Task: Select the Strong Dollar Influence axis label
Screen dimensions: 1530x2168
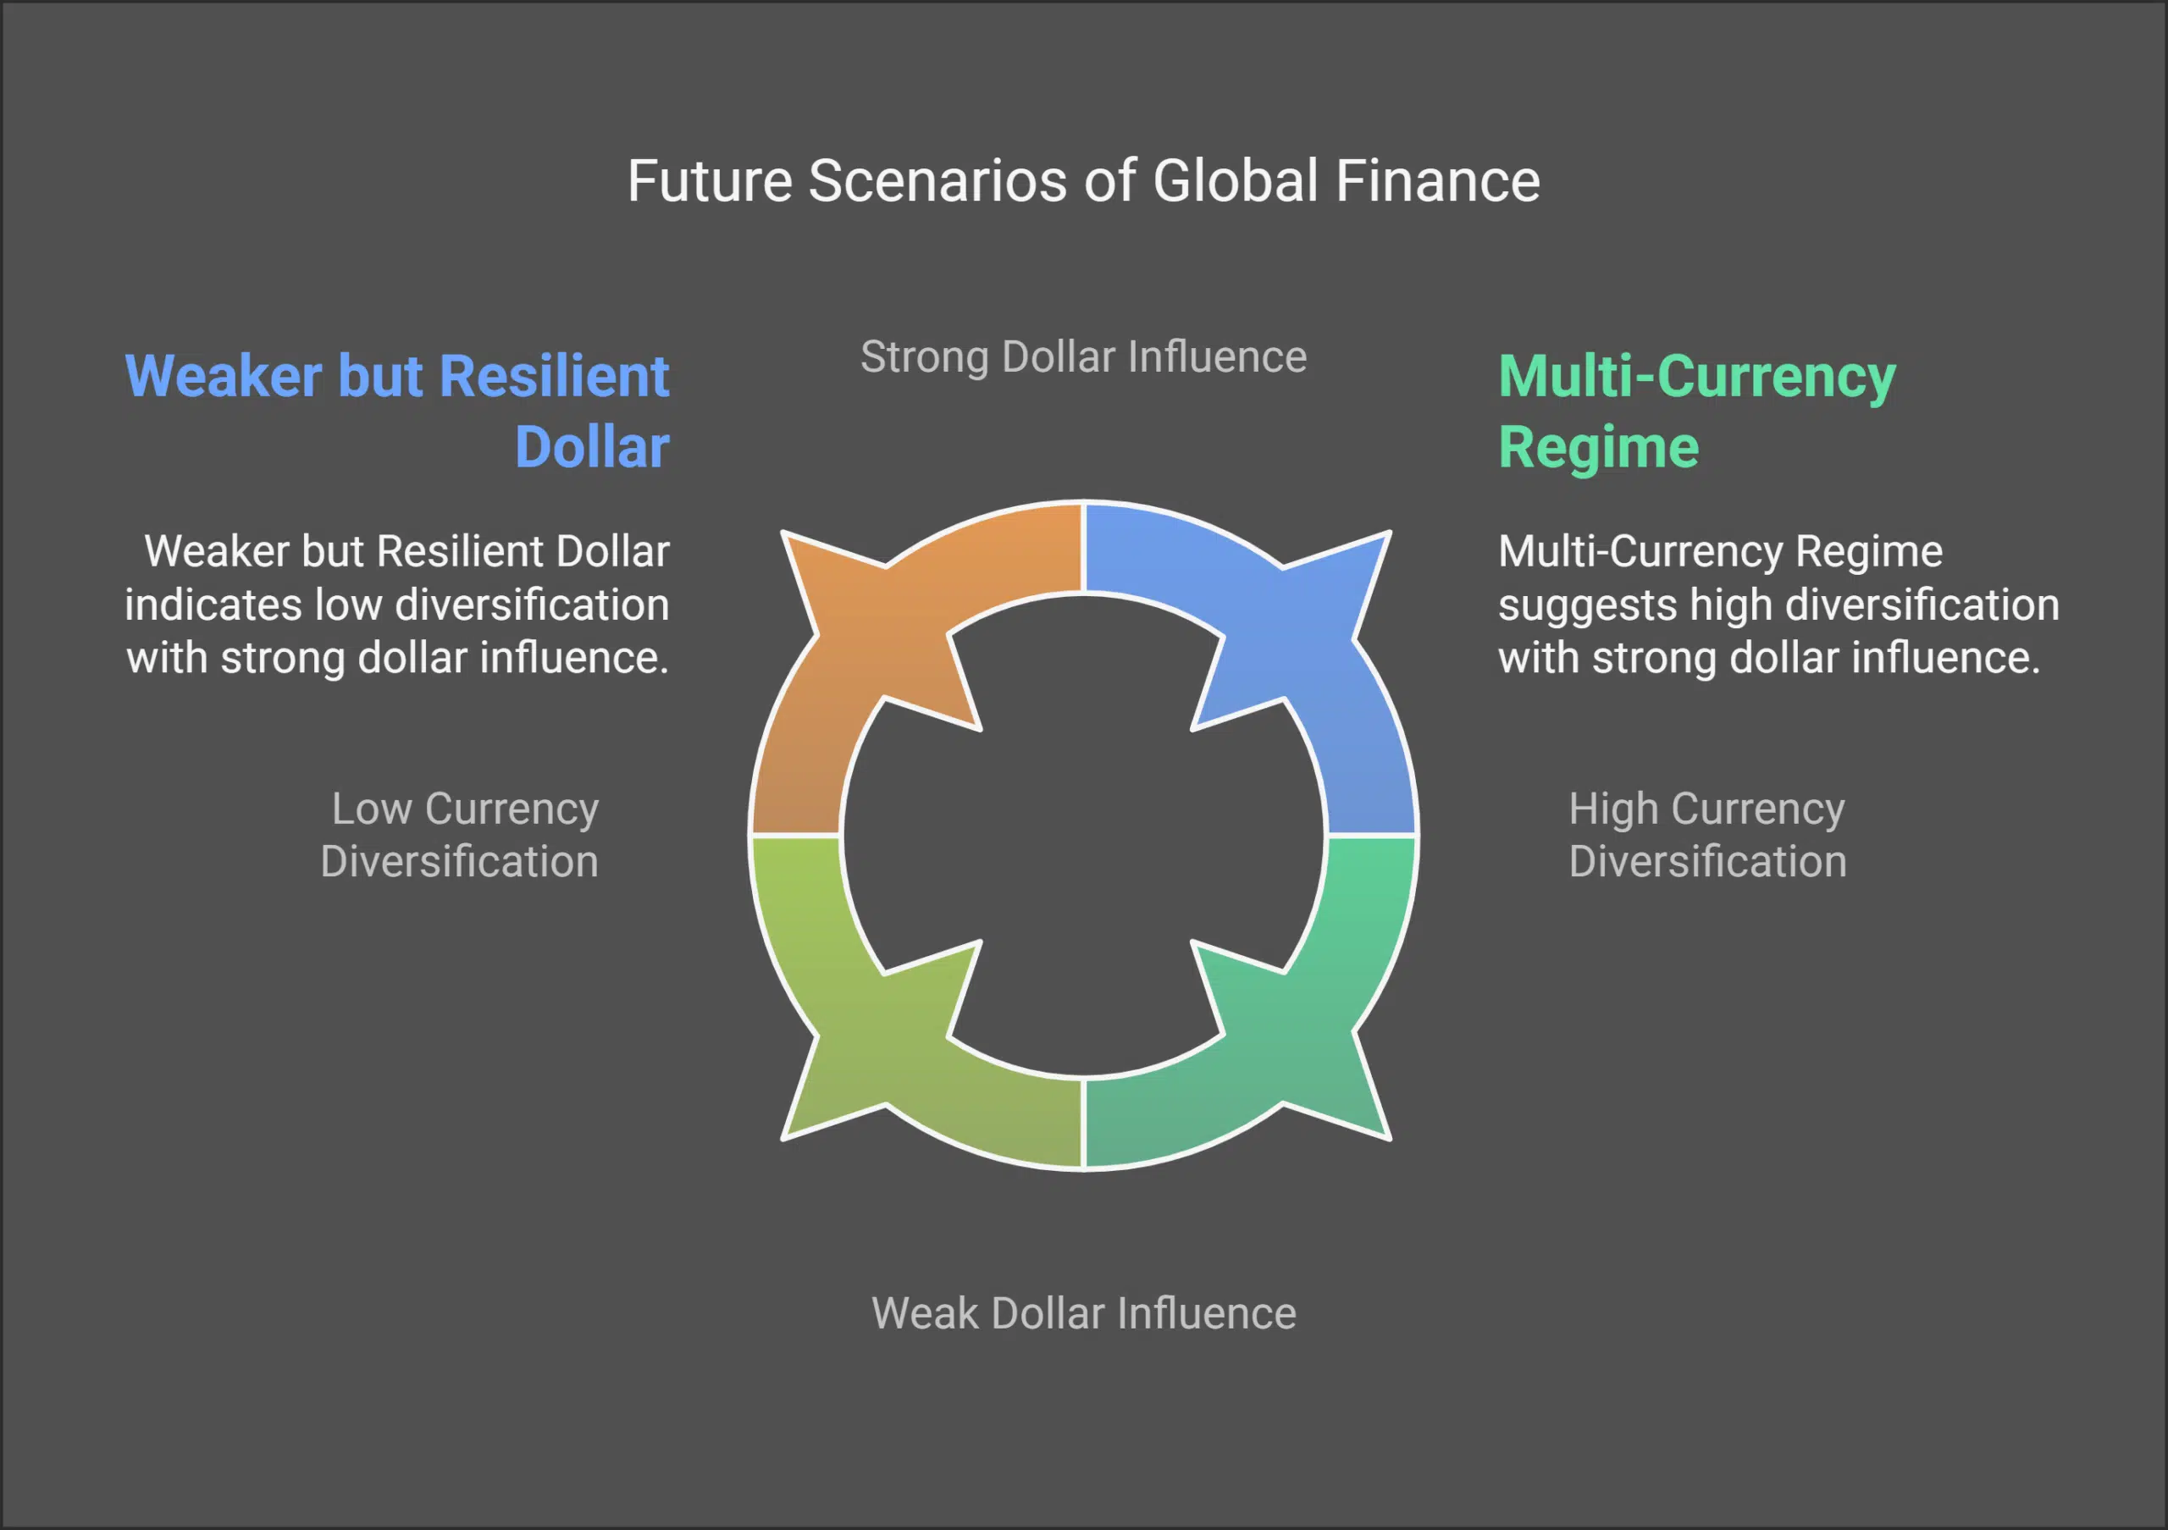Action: click(x=1083, y=356)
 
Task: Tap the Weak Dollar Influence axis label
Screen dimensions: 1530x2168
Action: click(x=1083, y=1313)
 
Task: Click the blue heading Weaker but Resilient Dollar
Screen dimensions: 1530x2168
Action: click(x=397, y=411)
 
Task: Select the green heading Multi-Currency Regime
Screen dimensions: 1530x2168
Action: click(x=1696, y=411)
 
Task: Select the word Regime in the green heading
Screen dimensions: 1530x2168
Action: click(x=1598, y=446)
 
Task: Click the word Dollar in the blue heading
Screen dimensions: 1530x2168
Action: click(x=592, y=446)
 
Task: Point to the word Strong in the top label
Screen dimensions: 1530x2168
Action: click(x=923, y=356)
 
